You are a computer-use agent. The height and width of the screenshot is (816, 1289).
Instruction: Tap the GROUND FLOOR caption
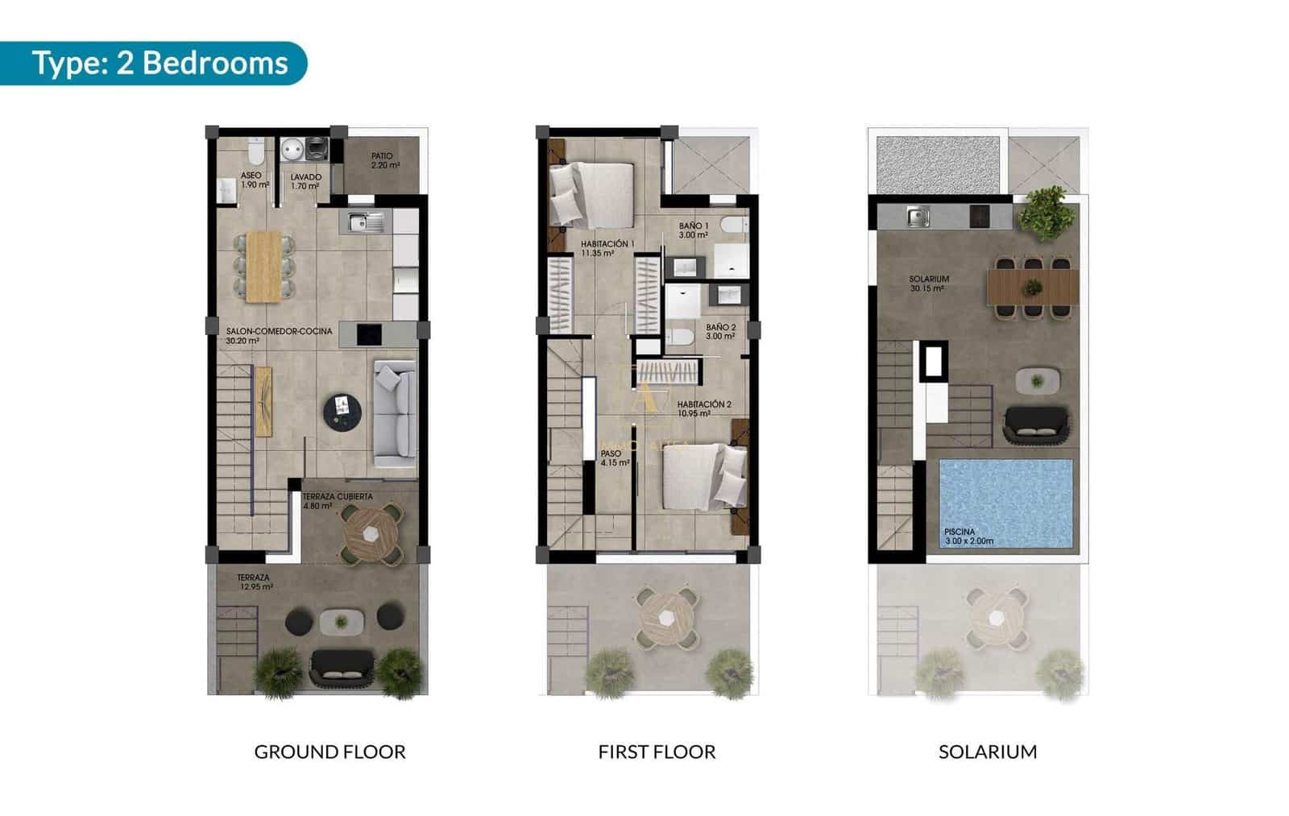[330, 752]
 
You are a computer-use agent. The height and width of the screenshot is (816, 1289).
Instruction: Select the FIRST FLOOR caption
[657, 752]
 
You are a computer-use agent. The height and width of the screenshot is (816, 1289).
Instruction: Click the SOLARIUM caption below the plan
[988, 752]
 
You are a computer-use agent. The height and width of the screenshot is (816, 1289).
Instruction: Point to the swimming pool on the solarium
[1005, 499]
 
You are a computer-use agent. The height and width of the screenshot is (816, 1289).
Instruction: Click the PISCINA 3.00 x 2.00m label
[968, 536]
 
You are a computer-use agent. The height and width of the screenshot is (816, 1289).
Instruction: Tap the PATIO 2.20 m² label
[383, 160]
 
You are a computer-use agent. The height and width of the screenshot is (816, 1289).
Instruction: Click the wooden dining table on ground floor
[263, 266]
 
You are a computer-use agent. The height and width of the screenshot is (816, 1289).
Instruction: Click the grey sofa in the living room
[395, 413]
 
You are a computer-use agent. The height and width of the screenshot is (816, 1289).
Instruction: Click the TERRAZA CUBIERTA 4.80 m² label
[337, 501]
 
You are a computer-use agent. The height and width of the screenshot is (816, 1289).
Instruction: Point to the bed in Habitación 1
[594, 194]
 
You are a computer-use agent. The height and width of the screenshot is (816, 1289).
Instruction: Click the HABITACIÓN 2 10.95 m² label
[703, 408]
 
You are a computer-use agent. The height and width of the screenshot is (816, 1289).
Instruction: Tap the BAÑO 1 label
[693, 230]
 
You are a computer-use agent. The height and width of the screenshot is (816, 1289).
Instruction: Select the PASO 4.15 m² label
[614, 458]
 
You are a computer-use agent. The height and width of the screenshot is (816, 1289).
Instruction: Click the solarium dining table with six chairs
[1033, 287]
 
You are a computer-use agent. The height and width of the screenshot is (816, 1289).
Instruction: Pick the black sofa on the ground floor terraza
[342, 665]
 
